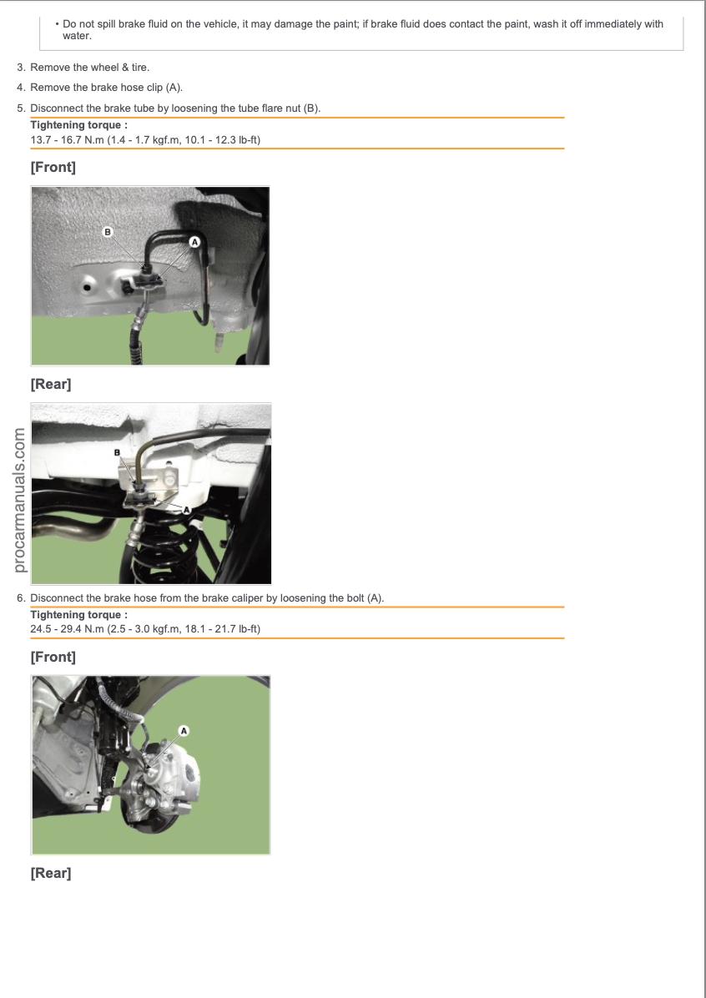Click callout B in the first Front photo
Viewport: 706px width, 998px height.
pos(107,232)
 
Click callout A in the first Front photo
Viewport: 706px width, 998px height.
pos(194,242)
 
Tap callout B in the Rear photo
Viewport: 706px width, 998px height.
pos(117,452)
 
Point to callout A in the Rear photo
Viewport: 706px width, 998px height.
pos(187,510)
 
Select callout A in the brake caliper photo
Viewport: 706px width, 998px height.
pos(184,731)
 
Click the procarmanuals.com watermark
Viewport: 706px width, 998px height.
pos(19,500)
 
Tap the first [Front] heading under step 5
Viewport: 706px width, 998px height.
pos(53,168)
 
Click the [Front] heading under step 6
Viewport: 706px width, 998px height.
pos(53,657)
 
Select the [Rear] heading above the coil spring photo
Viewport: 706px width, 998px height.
pos(51,385)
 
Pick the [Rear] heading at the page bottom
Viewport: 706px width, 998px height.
pos(51,873)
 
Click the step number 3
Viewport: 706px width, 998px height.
pos(21,68)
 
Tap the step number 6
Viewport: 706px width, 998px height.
pos(21,598)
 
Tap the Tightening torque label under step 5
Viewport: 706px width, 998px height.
pos(79,125)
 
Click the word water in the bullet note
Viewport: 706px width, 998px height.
pos(76,36)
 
